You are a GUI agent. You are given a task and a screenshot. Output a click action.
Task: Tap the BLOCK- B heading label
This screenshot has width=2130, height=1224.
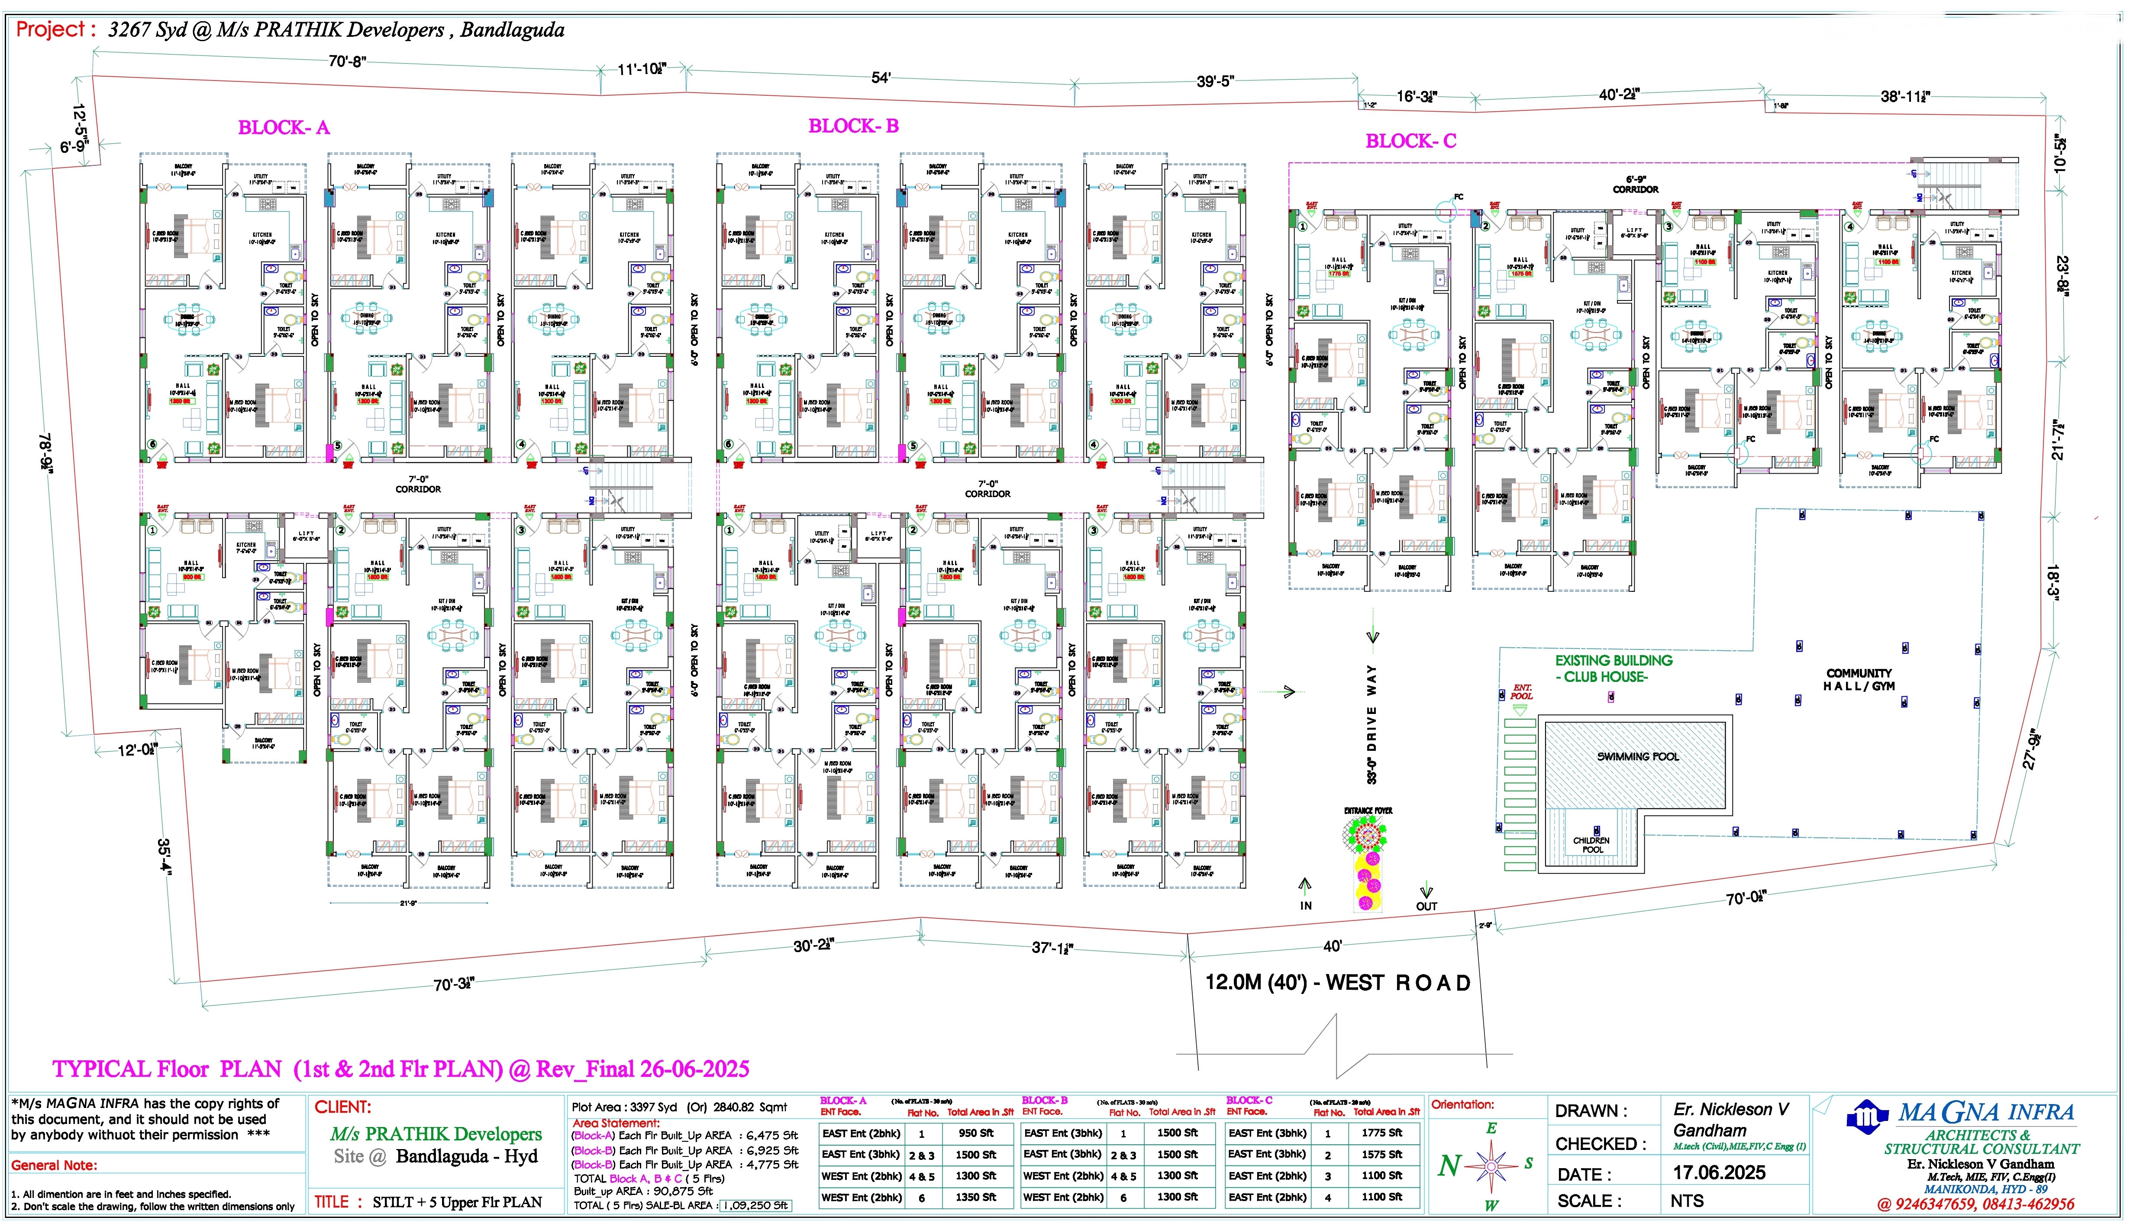click(853, 126)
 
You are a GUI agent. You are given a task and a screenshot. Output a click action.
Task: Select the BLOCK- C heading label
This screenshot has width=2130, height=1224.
click(1410, 141)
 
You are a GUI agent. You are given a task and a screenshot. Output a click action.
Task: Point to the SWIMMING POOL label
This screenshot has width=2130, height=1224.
click(1637, 756)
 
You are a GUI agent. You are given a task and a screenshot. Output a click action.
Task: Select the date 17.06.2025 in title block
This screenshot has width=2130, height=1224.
click(1719, 1172)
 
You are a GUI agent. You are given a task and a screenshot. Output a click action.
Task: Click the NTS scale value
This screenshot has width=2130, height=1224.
click(1686, 1201)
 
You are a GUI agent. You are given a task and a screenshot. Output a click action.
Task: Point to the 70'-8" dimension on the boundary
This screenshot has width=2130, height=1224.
click(347, 61)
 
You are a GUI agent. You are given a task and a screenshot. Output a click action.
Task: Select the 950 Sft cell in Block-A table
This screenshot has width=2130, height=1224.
click(975, 1133)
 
